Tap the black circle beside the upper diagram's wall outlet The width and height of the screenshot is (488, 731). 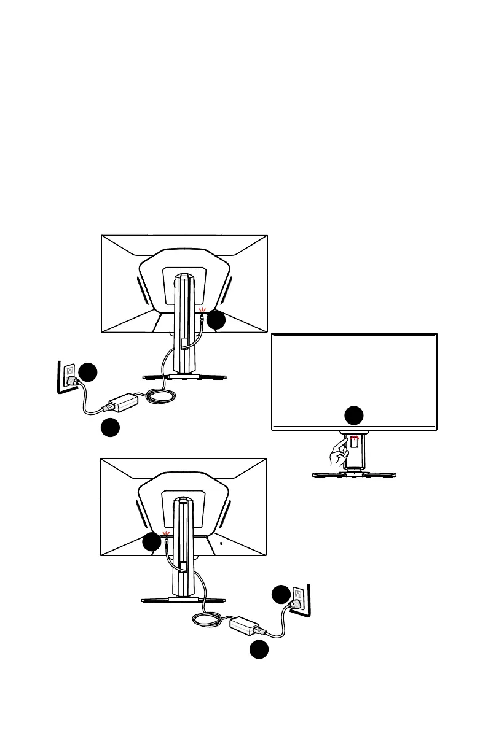coord(89,373)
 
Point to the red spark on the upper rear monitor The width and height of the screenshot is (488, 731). coord(202,312)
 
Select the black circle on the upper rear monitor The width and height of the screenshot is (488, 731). coord(216,320)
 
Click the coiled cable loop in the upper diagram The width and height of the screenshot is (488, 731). coord(161,398)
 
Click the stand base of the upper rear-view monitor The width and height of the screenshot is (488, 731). coord(185,377)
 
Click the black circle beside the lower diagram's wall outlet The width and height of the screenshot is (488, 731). coord(281,595)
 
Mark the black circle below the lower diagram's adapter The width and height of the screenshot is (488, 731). coord(259,650)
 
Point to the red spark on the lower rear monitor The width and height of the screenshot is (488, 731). coord(165,533)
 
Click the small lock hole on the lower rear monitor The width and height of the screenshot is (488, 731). coord(221,543)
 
